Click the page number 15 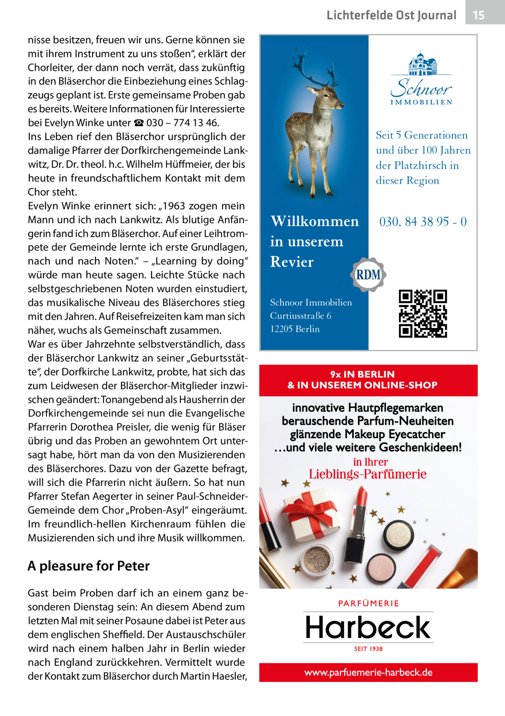(x=478, y=16)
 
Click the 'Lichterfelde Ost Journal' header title (x=391, y=16)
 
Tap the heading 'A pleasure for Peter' (x=88, y=566)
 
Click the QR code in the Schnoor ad (x=423, y=314)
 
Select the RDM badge (x=368, y=275)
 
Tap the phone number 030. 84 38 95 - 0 (x=423, y=222)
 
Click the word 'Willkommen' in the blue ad (x=314, y=221)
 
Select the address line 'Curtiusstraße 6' (x=300, y=316)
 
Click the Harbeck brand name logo (x=368, y=627)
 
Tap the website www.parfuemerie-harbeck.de (x=368, y=672)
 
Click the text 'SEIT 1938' (x=368, y=649)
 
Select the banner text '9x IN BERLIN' (x=362, y=374)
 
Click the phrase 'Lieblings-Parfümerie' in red (x=367, y=474)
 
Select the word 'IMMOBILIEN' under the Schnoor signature (x=421, y=102)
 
